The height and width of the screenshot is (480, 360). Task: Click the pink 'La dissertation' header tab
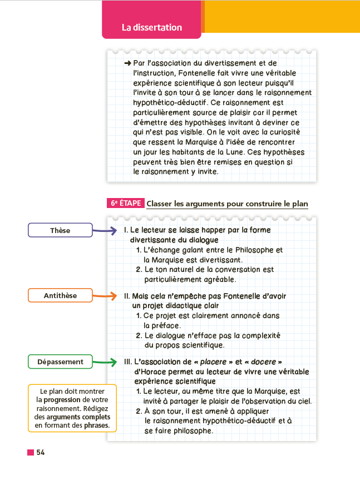pos(151,27)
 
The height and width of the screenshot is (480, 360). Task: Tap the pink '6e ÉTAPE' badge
pos(125,204)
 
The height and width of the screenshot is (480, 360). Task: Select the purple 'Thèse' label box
pos(60,230)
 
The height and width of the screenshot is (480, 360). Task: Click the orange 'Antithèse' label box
pos(60,295)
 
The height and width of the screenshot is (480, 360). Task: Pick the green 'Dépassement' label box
pos(60,362)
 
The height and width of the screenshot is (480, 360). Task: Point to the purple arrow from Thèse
pos(105,230)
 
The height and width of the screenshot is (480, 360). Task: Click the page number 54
pos(41,452)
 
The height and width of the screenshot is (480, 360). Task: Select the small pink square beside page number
pos(31,452)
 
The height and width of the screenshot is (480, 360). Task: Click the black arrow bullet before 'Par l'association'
pos(127,63)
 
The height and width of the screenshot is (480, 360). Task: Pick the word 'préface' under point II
pos(162,325)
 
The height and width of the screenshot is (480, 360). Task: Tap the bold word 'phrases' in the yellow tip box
pos(96,425)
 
